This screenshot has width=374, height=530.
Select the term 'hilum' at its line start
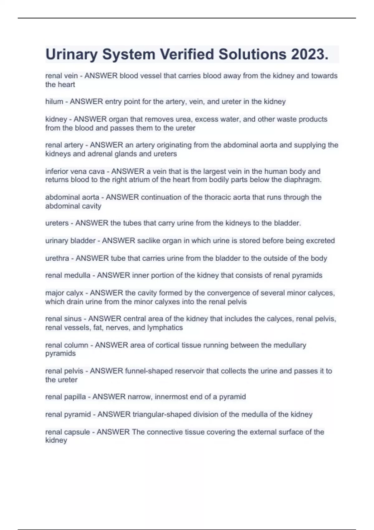pos(54,102)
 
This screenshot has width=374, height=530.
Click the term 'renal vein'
pos(61,76)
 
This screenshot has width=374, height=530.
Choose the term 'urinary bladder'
pos(70,241)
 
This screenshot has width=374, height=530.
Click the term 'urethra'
pos(57,258)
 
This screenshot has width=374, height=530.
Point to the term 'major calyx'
pos(64,293)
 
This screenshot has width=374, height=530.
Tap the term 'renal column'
pos(67,345)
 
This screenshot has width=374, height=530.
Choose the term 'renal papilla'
pos(65,397)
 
